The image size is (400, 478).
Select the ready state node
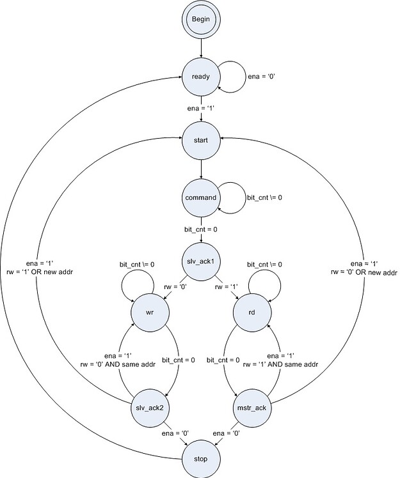pyautogui.click(x=202, y=77)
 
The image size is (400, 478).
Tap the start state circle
pyautogui.click(x=202, y=139)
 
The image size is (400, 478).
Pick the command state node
pyautogui.click(x=202, y=198)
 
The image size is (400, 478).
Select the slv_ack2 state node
pyautogui.click(x=150, y=408)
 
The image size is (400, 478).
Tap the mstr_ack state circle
pyautogui.click(x=253, y=408)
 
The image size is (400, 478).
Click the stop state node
pyautogui.click(x=202, y=458)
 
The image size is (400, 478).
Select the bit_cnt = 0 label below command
pyautogui.click(x=202, y=227)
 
